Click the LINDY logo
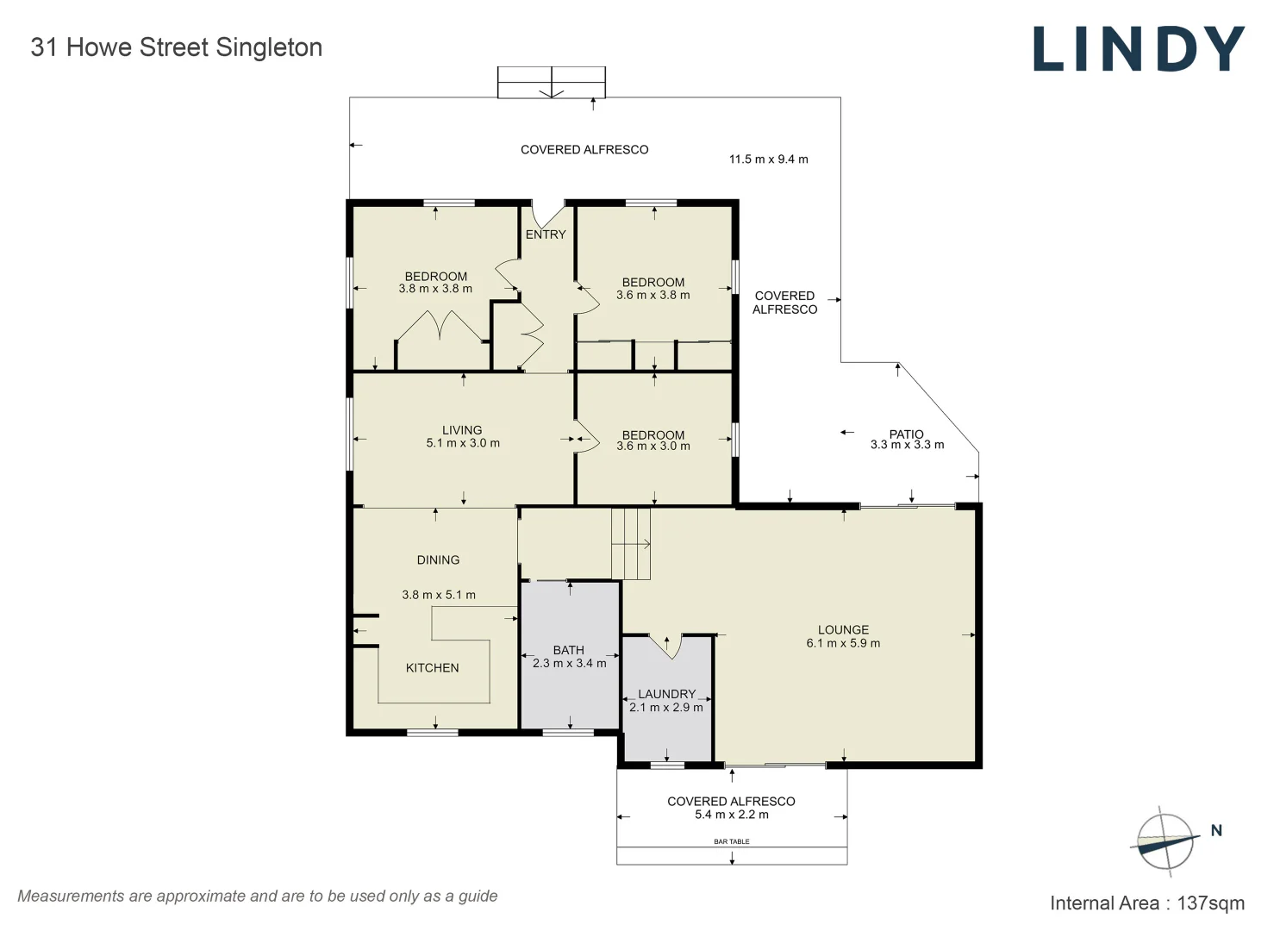[1138, 49]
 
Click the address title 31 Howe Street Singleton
[177, 47]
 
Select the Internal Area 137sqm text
[1146, 903]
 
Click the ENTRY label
[546, 234]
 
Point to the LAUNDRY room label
[666, 694]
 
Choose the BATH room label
[569, 650]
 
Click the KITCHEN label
[432, 668]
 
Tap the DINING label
[438, 560]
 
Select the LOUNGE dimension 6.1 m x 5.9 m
[843, 643]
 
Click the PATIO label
[906, 434]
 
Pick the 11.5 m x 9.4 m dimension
[768, 159]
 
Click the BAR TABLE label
[732, 841]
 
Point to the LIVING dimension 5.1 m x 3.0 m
[463, 443]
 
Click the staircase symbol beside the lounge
[631, 544]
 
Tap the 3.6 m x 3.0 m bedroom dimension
[653, 447]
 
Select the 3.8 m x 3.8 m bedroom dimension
[435, 289]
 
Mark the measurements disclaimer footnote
[258, 896]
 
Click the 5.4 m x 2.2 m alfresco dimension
[731, 815]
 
